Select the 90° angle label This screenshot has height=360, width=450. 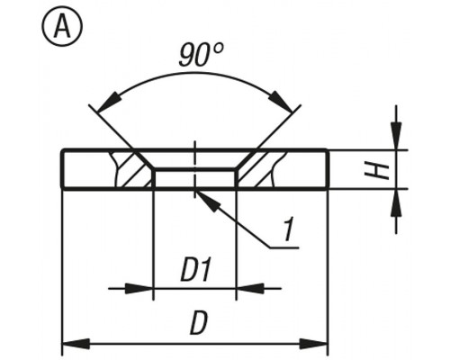(x=201, y=55)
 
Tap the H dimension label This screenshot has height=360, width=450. (x=376, y=170)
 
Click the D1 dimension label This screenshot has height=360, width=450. (x=195, y=270)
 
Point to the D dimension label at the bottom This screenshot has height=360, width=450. (x=198, y=323)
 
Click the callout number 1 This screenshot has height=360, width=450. (x=288, y=229)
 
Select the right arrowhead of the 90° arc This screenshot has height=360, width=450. (x=281, y=102)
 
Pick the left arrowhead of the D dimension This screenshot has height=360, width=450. (x=76, y=344)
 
